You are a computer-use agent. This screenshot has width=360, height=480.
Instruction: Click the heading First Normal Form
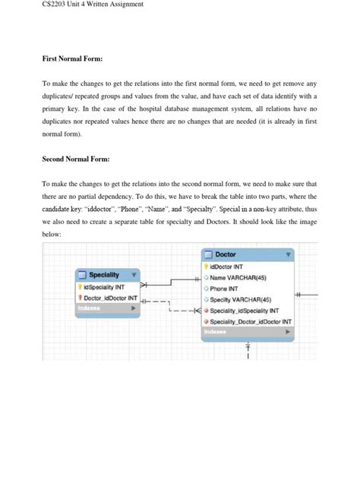72,58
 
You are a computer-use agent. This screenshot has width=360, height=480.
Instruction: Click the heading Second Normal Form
77,159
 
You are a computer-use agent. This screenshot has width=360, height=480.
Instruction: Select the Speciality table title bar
106,274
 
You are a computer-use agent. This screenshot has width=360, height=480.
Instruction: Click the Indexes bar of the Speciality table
106,308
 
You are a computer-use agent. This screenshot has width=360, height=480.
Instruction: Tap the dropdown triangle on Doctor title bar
288,255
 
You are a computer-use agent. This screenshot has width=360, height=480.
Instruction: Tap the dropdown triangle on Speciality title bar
134,274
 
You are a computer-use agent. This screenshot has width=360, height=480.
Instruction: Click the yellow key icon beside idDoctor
205,267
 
